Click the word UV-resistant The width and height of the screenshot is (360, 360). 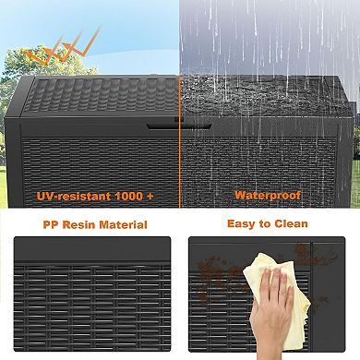point(68,195)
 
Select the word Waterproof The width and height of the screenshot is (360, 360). point(267,195)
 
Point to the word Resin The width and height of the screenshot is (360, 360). point(84,223)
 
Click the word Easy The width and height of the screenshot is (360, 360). point(242,223)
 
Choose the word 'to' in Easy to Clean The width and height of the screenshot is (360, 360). point(268,223)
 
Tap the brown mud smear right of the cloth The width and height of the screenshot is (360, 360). point(303,277)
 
